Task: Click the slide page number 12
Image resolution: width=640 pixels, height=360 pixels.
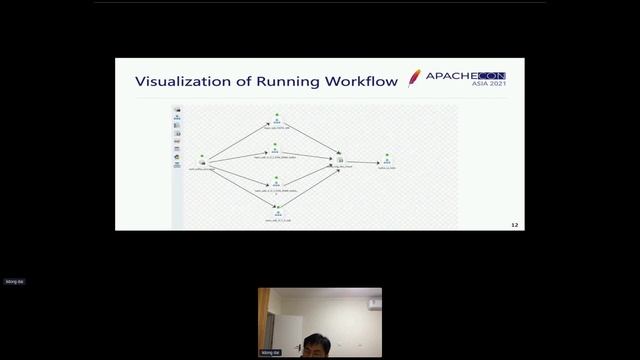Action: click(x=515, y=225)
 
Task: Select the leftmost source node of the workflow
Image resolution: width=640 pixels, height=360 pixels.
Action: click(x=202, y=160)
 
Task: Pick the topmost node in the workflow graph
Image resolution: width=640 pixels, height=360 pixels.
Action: click(x=275, y=121)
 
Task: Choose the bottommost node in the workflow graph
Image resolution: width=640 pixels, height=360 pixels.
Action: click(x=277, y=211)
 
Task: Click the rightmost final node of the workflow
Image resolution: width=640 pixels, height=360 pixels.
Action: click(x=387, y=161)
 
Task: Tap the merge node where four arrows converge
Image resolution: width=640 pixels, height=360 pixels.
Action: click(x=341, y=160)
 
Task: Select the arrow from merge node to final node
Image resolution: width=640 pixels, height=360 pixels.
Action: click(x=363, y=161)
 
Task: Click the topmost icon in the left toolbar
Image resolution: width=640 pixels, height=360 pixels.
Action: click(x=177, y=109)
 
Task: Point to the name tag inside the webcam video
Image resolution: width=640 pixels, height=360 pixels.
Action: click(x=270, y=353)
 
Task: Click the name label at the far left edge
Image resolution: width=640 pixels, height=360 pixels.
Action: click(x=14, y=282)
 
